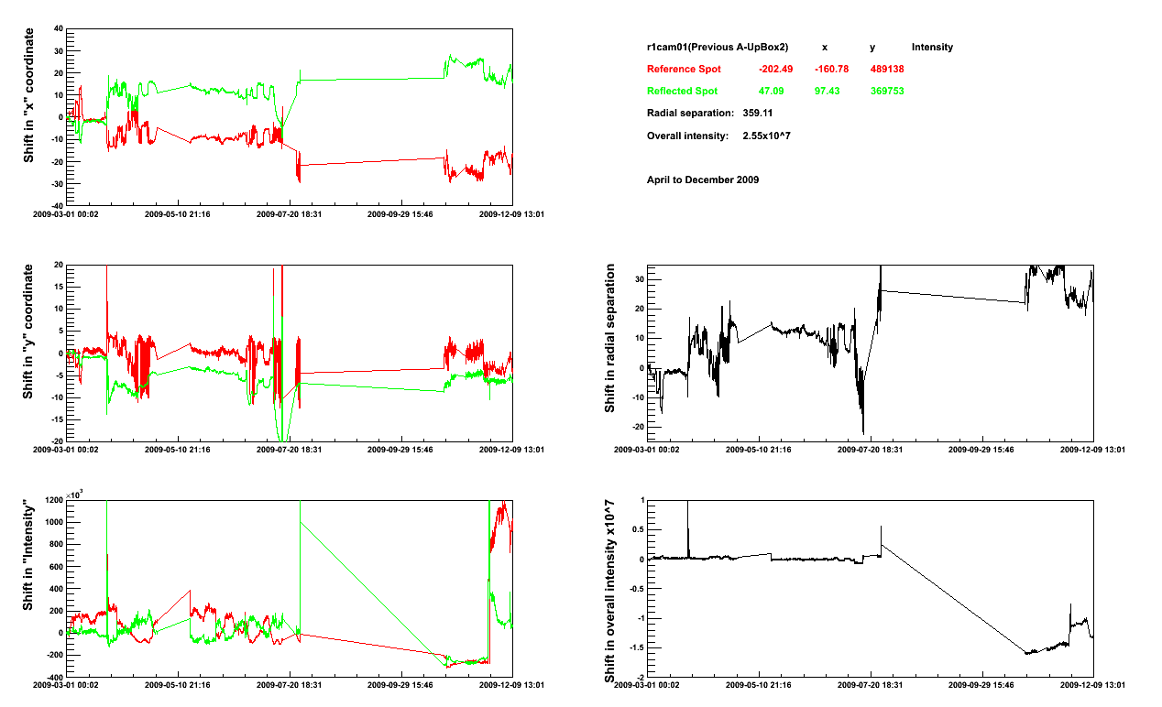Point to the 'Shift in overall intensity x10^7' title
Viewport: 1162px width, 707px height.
[x=609, y=591]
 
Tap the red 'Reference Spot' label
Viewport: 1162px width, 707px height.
[x=684, y=70]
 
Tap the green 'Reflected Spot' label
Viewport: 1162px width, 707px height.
[x=682, y=92]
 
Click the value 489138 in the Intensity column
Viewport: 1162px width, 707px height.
[x=887, y=70]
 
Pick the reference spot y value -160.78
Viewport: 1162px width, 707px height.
[x=831, y=70]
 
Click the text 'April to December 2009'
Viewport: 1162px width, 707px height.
[x=702, y=179]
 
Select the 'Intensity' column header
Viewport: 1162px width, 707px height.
[x=932, y=48]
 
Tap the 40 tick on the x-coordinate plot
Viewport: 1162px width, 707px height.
[x=58, y=28]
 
